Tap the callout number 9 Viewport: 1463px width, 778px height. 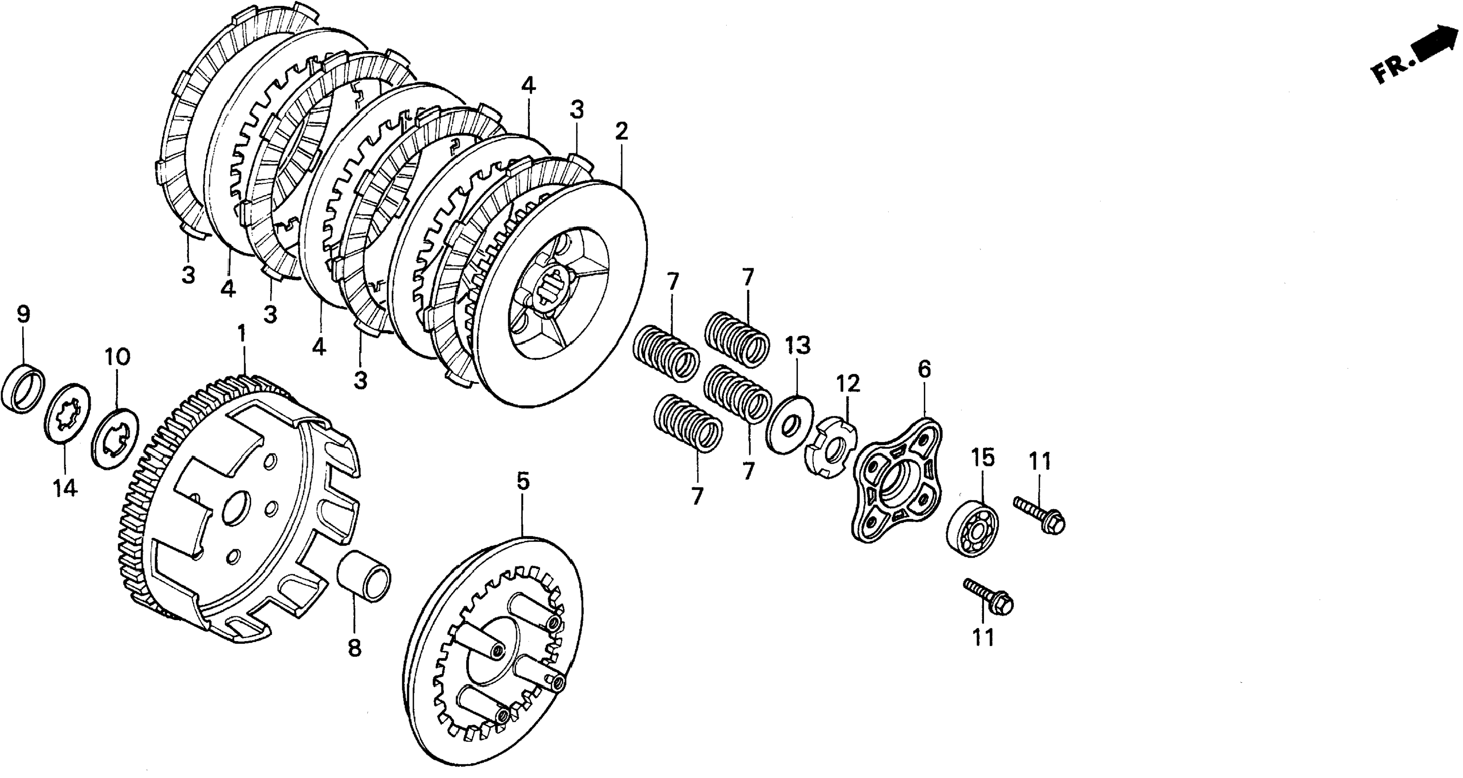[23, 314]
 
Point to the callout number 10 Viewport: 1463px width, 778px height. [117, 357]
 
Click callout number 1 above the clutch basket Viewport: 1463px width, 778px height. [242, 334]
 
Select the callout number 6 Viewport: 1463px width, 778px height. [924, 370]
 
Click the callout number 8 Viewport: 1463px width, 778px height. [354, 648]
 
